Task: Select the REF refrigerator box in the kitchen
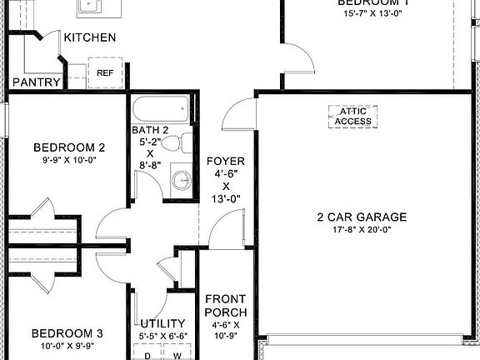click(x=105, y=72)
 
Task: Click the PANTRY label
click(x=36, y=82)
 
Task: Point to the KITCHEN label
click(x=90, y=37)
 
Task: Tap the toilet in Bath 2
click(x=172, y=145)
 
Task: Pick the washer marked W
click(x=177, y=352)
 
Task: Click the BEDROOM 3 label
click(x=52, y=331)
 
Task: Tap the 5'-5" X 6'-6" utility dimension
click(x=163, y=337)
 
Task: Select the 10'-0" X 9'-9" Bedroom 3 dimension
click(x=51, y=344)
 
